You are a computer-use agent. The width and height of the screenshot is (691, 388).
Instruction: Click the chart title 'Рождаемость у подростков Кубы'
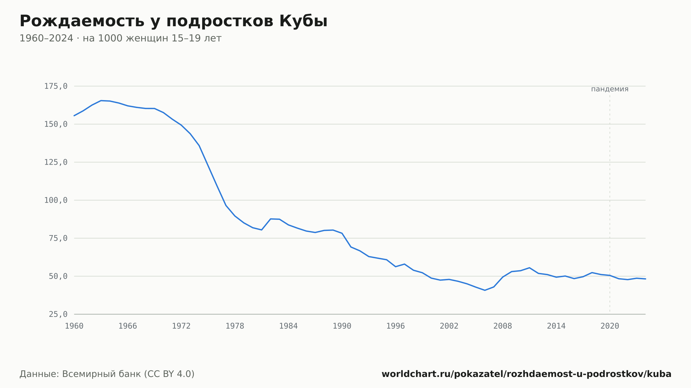[173, 21]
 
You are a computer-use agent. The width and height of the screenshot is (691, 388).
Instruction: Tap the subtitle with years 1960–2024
[120, 38]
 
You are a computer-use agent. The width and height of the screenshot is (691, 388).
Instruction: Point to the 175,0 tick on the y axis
[56, 86]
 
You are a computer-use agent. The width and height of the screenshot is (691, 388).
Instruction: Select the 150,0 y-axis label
[56, 124]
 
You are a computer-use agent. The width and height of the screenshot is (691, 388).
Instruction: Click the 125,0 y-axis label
[56, 162]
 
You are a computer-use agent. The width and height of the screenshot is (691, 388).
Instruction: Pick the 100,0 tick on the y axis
[56, 200]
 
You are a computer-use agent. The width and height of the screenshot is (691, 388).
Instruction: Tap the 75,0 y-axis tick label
[58, 238]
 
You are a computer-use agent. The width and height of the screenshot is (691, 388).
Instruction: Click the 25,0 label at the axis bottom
[58, 314]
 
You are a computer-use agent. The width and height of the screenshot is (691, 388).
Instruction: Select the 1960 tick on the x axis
[74, 326]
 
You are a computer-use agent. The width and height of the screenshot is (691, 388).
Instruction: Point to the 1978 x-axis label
[235, 326]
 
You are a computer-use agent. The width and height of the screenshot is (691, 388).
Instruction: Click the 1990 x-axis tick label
[342, 326]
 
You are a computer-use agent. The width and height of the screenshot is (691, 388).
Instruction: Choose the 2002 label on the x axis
[449, 326]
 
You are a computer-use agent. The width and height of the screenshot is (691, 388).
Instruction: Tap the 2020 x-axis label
[610, 326]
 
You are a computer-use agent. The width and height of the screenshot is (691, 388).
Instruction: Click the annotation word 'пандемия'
[610, 89]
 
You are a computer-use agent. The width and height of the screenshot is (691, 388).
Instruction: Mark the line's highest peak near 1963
[101, 100]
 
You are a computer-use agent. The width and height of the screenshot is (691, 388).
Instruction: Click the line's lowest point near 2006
[485, 290]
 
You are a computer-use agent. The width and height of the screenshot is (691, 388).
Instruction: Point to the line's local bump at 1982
[271, 219]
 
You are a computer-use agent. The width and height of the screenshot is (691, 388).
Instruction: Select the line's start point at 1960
[74, 116]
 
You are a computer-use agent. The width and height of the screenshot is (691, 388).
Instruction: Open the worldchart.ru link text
[527, 374]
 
